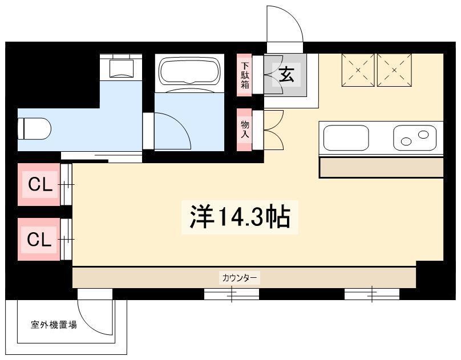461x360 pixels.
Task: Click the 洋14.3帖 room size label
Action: coord(240,217)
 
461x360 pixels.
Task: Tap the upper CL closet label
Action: coord(41,185)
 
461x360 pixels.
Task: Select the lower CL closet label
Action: coord(39,240)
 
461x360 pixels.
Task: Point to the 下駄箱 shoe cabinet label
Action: coord(245,75)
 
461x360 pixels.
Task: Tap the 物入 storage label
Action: coord(245,130)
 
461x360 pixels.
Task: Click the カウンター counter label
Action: coord(240,277)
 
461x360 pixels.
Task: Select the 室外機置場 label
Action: coord(54,325)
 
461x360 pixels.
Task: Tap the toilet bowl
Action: coord(34,129)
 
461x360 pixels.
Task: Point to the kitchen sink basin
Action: coord(346,138)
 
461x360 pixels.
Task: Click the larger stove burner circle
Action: coord(406,141)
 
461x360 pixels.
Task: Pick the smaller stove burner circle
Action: coord(423,135)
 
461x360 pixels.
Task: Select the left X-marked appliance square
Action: coord(358,70)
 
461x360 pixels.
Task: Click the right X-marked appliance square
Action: coord(394,70)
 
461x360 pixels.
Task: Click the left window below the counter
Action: coord(232,294)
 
